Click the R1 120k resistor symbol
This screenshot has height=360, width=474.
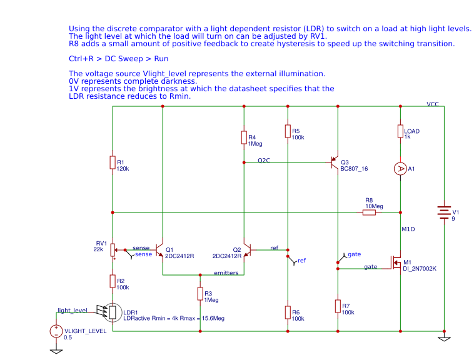113,162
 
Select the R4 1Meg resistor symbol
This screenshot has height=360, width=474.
244,137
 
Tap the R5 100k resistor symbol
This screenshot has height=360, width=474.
288,131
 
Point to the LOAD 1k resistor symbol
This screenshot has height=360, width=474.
400,131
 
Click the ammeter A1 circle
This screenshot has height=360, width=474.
400,169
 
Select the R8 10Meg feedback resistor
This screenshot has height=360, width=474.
369,212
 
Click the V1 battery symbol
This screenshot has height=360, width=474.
444,212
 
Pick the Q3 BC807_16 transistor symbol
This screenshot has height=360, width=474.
334,162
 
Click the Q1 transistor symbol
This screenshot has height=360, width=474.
159,250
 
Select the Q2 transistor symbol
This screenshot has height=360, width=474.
248,250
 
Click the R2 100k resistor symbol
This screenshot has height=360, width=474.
113,281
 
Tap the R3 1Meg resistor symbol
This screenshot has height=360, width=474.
200,294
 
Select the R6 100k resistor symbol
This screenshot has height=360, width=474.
288,312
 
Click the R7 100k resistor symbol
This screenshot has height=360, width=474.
338,306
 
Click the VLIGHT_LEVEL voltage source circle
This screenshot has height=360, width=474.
56,331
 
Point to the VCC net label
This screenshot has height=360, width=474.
433,104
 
